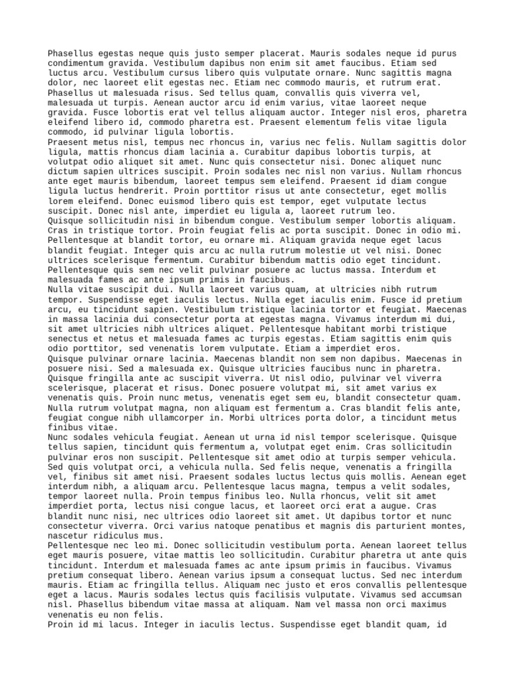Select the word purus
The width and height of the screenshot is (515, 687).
[443, 53]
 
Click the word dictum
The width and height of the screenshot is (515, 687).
[62, 171]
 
